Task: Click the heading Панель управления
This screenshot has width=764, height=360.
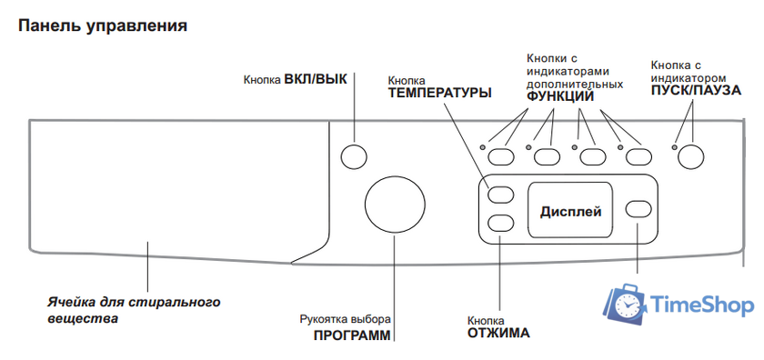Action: (x=103, y=25)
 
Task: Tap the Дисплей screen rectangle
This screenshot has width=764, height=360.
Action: (x=571, y=211)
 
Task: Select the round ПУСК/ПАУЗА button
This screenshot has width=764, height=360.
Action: (x=692, y=155)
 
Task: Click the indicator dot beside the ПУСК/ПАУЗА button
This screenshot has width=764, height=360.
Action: (x=674, y=147)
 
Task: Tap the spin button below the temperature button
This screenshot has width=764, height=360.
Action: (x=500, y=222)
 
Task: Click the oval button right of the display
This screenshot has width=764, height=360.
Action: (x=639, y=209)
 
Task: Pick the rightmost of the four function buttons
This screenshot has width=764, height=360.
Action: (x=638, y=155)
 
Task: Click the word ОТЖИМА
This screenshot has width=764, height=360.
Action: (x=498, y=333)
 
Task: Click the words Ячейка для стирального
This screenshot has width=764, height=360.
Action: (x=134, y=301)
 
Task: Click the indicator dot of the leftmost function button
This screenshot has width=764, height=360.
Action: (x=483, y=147)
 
